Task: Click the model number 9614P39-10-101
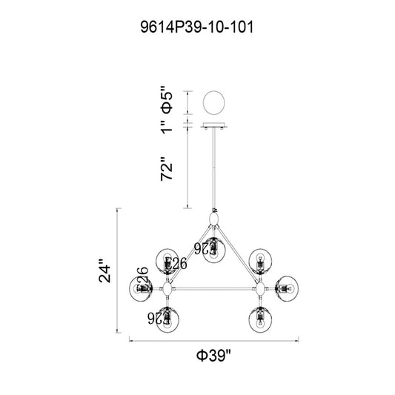tap(197, 27)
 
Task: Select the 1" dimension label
tap(167, 127)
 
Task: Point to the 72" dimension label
tap(167, 169)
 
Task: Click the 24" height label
tap(104, 270)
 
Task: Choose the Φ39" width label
tap(213, 355)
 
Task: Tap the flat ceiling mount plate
tap(214, 125)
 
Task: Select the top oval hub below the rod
tap(214, 219)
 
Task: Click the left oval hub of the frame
tap(167, 289)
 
